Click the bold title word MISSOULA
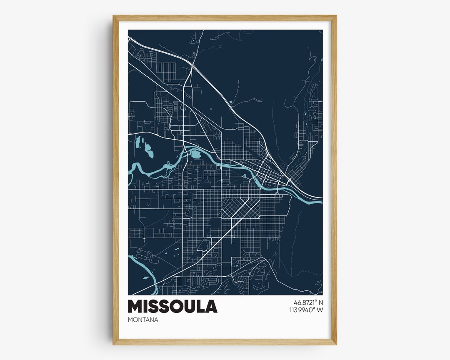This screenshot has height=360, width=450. point(172,306)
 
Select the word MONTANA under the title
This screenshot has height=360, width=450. point(143,320)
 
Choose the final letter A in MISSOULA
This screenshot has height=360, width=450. point(211,306)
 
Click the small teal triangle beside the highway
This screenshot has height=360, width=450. point(231,102)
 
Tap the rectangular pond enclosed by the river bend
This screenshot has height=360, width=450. point(195,155)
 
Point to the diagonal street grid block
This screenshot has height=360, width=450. point(234,207)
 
